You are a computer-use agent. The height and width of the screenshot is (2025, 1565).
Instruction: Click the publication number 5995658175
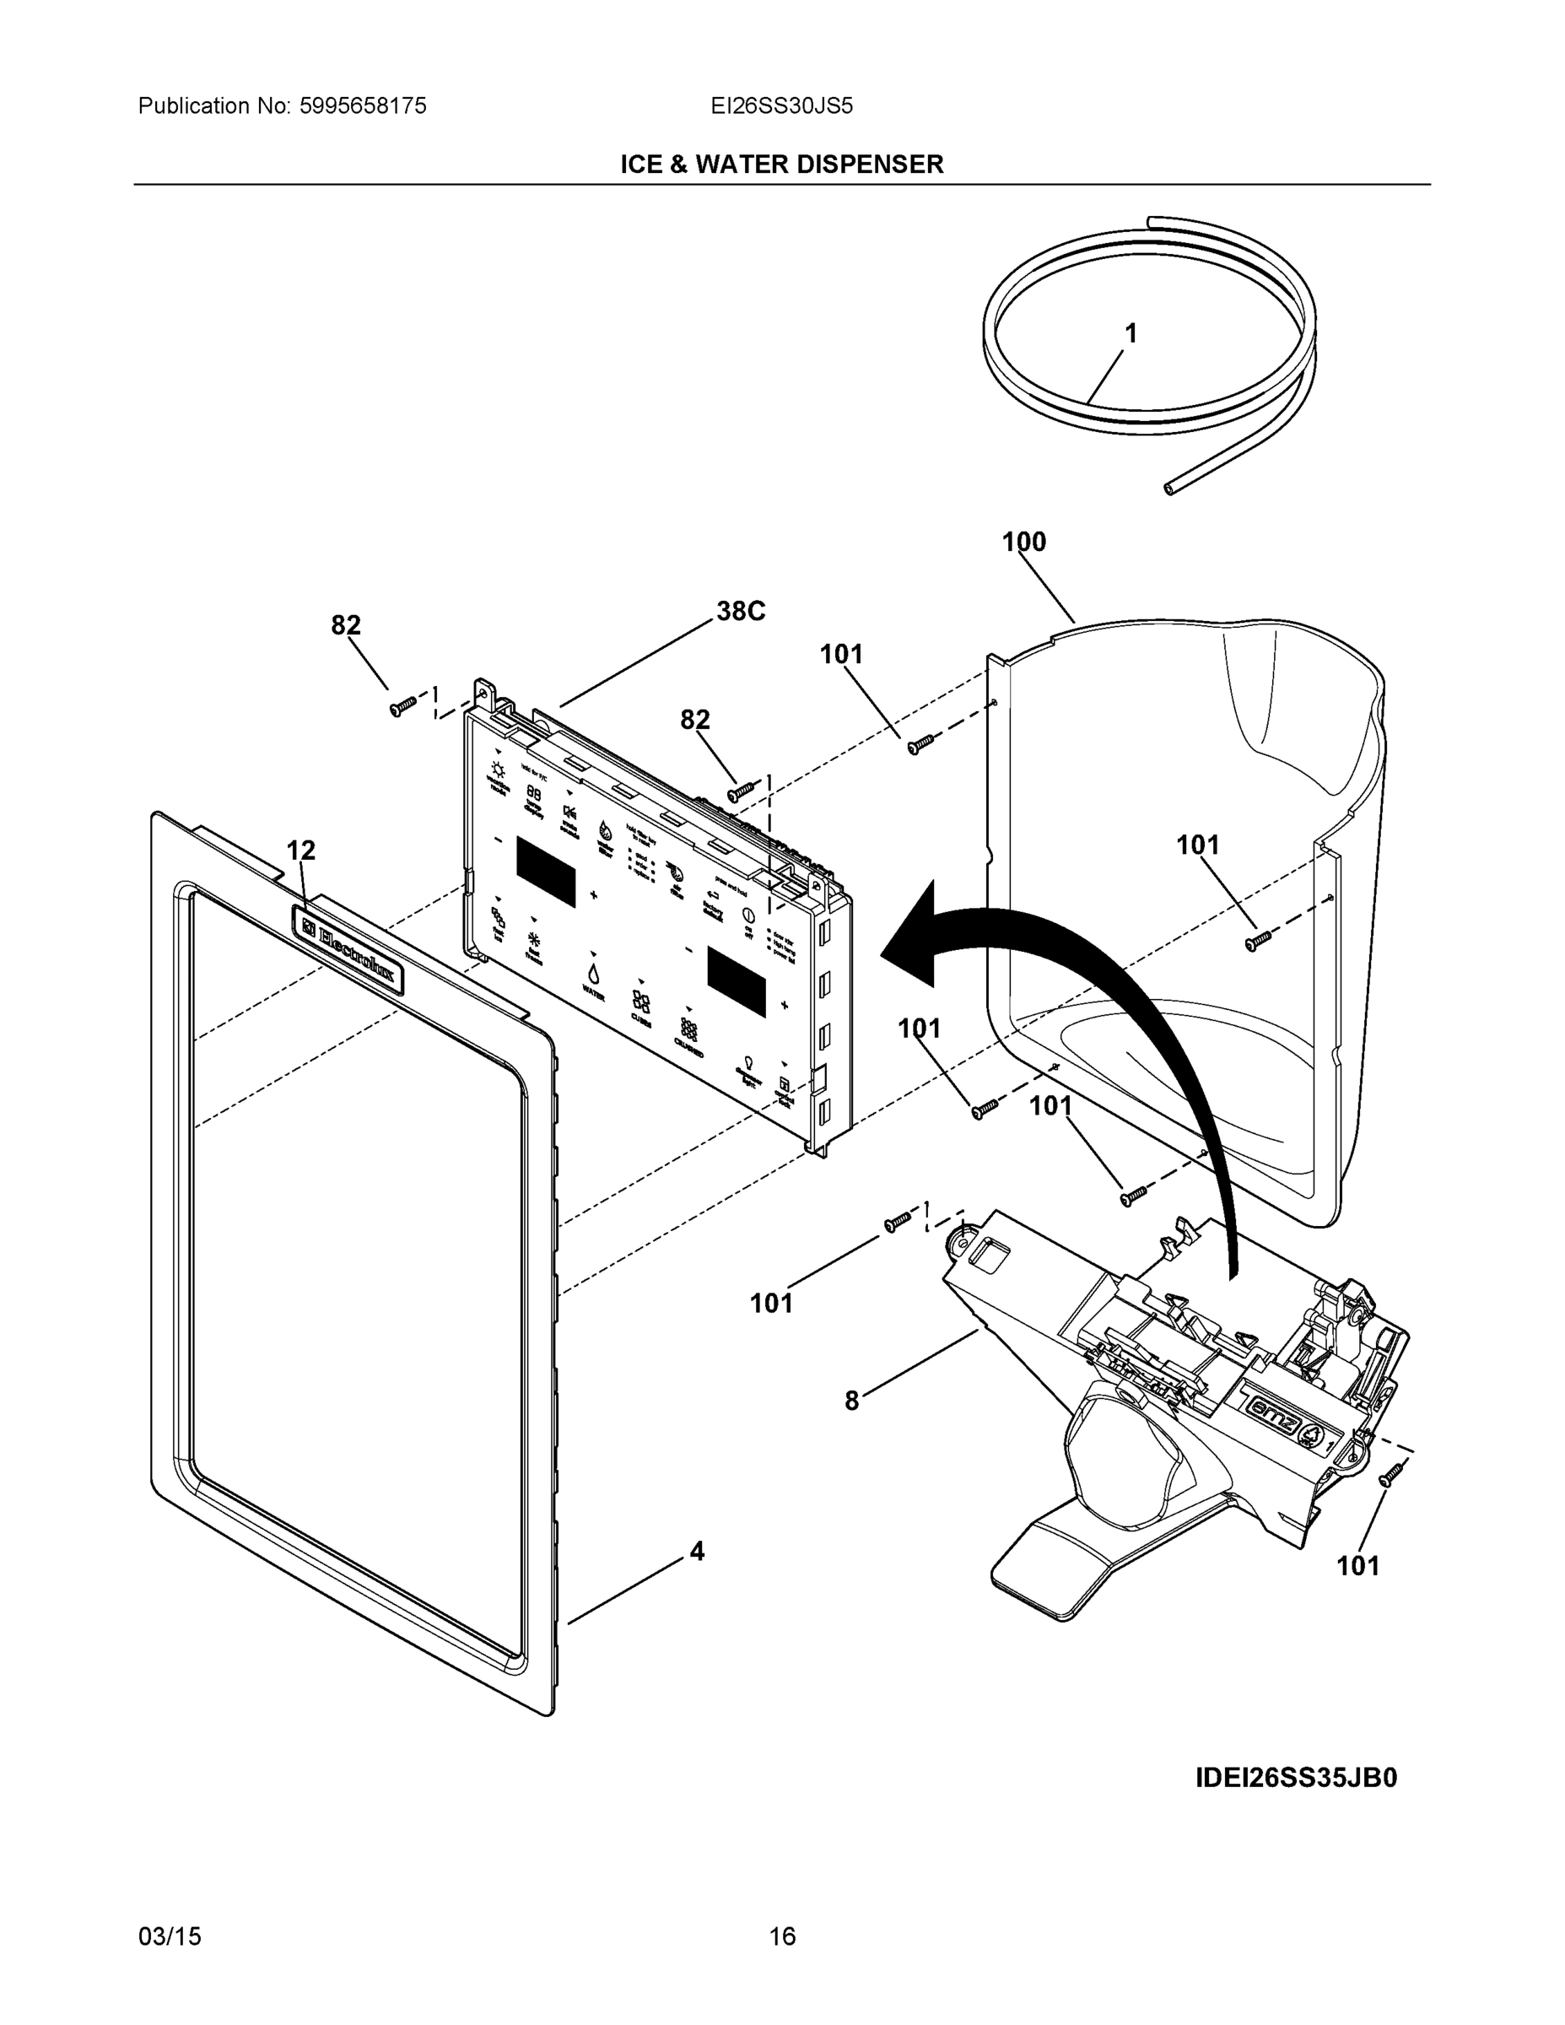[x=363, y=106]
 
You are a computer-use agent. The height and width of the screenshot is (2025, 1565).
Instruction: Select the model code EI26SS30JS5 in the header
[x=781, y=106]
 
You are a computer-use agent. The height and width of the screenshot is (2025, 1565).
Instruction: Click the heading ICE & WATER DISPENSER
[x=781, y=165]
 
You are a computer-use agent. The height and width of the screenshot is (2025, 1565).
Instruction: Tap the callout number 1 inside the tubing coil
[x=1131, y=334]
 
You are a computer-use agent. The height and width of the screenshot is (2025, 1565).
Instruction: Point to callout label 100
[x=1023, y=542]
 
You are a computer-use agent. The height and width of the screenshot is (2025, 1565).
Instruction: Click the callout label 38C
[x=741, y=611]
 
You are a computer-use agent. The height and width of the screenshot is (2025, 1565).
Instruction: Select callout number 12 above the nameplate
[x=300, y=850]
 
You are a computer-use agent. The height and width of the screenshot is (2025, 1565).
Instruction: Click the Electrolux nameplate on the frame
[x=348, y=949]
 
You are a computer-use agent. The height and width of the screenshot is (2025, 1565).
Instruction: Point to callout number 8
[x=852, y=1400]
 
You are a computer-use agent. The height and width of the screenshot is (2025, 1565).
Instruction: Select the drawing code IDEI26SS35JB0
[x=1295, y=1778]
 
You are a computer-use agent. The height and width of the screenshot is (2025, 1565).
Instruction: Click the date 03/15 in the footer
[x=170, y=1936]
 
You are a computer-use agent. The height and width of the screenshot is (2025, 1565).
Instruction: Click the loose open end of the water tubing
[x=1170, y=488]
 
